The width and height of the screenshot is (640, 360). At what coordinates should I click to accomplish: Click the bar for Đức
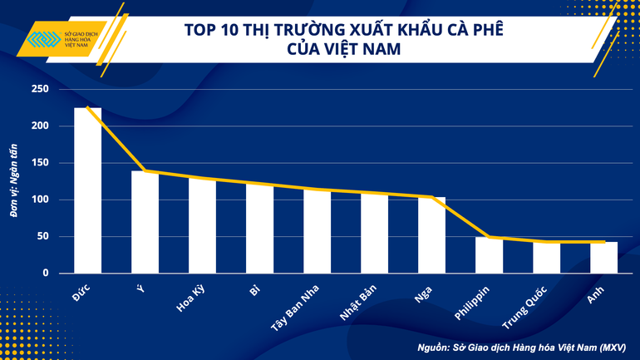pos(87,190)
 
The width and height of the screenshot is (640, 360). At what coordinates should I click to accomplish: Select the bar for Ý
pos(145,222)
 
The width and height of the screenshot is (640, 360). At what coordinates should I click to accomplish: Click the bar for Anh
pos(603,257)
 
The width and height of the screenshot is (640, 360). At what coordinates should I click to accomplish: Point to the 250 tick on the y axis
pos(40,89)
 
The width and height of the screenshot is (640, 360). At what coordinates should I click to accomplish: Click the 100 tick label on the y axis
pos(40,200)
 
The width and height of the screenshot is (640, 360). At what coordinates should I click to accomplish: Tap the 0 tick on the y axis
pos(46,273)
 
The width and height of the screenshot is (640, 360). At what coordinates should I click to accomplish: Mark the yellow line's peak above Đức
pos(87,108)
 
